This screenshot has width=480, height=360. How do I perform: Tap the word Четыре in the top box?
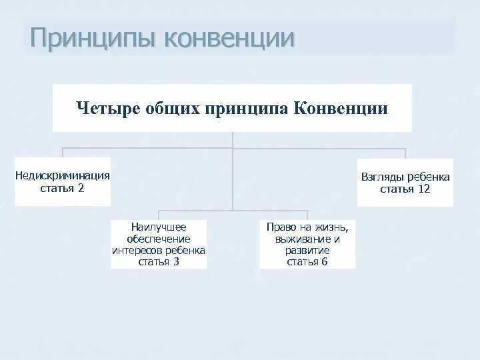pos(107,108)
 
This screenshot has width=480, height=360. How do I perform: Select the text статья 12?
pos(405,189)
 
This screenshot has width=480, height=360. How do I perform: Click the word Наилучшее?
pos(159,227)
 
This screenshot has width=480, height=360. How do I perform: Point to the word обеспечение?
pos(159,239)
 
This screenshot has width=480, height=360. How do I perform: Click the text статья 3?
pos(159,262)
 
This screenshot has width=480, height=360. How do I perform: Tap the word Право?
pos(279,227)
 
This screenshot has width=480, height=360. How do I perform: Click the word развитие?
pos(307,250)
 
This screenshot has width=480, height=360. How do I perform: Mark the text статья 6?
pos(307,262)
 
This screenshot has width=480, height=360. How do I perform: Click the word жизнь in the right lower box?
pos(331,227)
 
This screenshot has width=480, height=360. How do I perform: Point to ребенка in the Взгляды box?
pos(430,177)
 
